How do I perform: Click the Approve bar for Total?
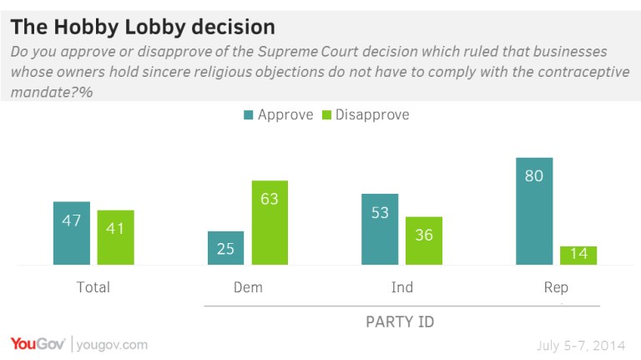71,233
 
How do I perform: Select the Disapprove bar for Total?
115,237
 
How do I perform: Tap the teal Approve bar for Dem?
225,248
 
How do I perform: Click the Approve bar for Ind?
379,229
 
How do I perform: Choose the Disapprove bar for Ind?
424,241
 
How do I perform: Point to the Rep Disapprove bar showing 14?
578,255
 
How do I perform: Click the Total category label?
93,287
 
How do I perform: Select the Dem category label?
248,287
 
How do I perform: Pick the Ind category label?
401,287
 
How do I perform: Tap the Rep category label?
556,287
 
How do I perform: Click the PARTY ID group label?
401,322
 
